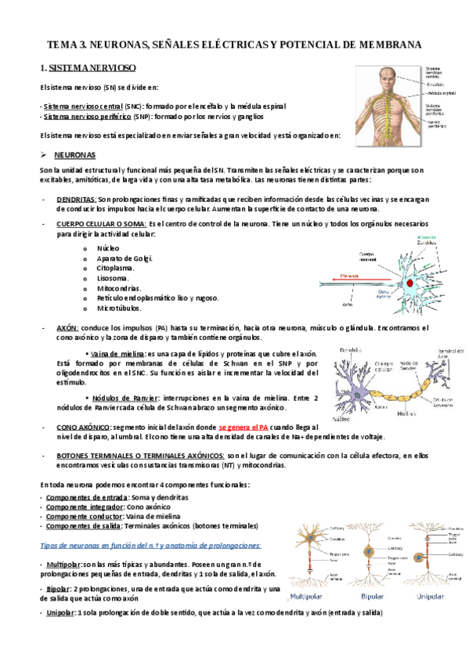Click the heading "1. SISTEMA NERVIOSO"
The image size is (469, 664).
(x=88, y=69)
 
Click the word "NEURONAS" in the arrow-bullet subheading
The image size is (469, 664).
(x=76, y=155)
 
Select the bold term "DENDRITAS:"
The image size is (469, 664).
(x=77, y=199)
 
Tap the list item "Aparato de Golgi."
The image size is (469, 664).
(x=125, y=258)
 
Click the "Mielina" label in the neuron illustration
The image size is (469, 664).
(x=406, y=413)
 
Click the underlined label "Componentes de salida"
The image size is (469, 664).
(x=81, y=526)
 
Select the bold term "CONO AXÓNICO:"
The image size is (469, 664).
(x=83, y=427)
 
